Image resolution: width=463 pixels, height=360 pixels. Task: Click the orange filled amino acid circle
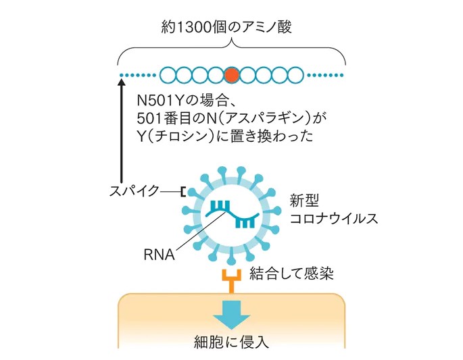232,74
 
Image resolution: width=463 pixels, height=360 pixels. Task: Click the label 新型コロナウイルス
322,210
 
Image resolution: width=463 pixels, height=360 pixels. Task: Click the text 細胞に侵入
231,341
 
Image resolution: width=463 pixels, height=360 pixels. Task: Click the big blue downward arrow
231,311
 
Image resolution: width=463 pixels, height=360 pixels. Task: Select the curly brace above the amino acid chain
231,51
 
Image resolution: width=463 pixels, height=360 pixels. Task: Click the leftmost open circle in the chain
168,74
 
